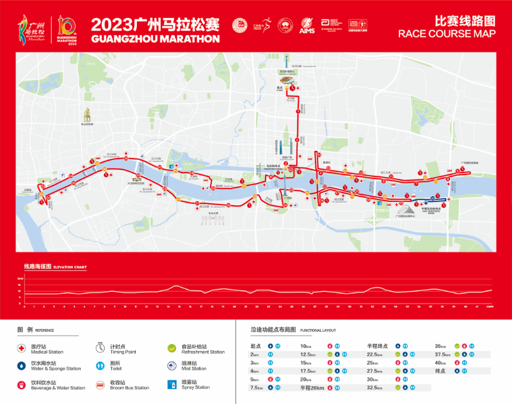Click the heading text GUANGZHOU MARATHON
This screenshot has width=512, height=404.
(156, 38)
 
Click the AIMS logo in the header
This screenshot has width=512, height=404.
(307, 27)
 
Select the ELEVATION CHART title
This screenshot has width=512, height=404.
(70, 267)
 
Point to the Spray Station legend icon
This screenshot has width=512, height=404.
(172, 384)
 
